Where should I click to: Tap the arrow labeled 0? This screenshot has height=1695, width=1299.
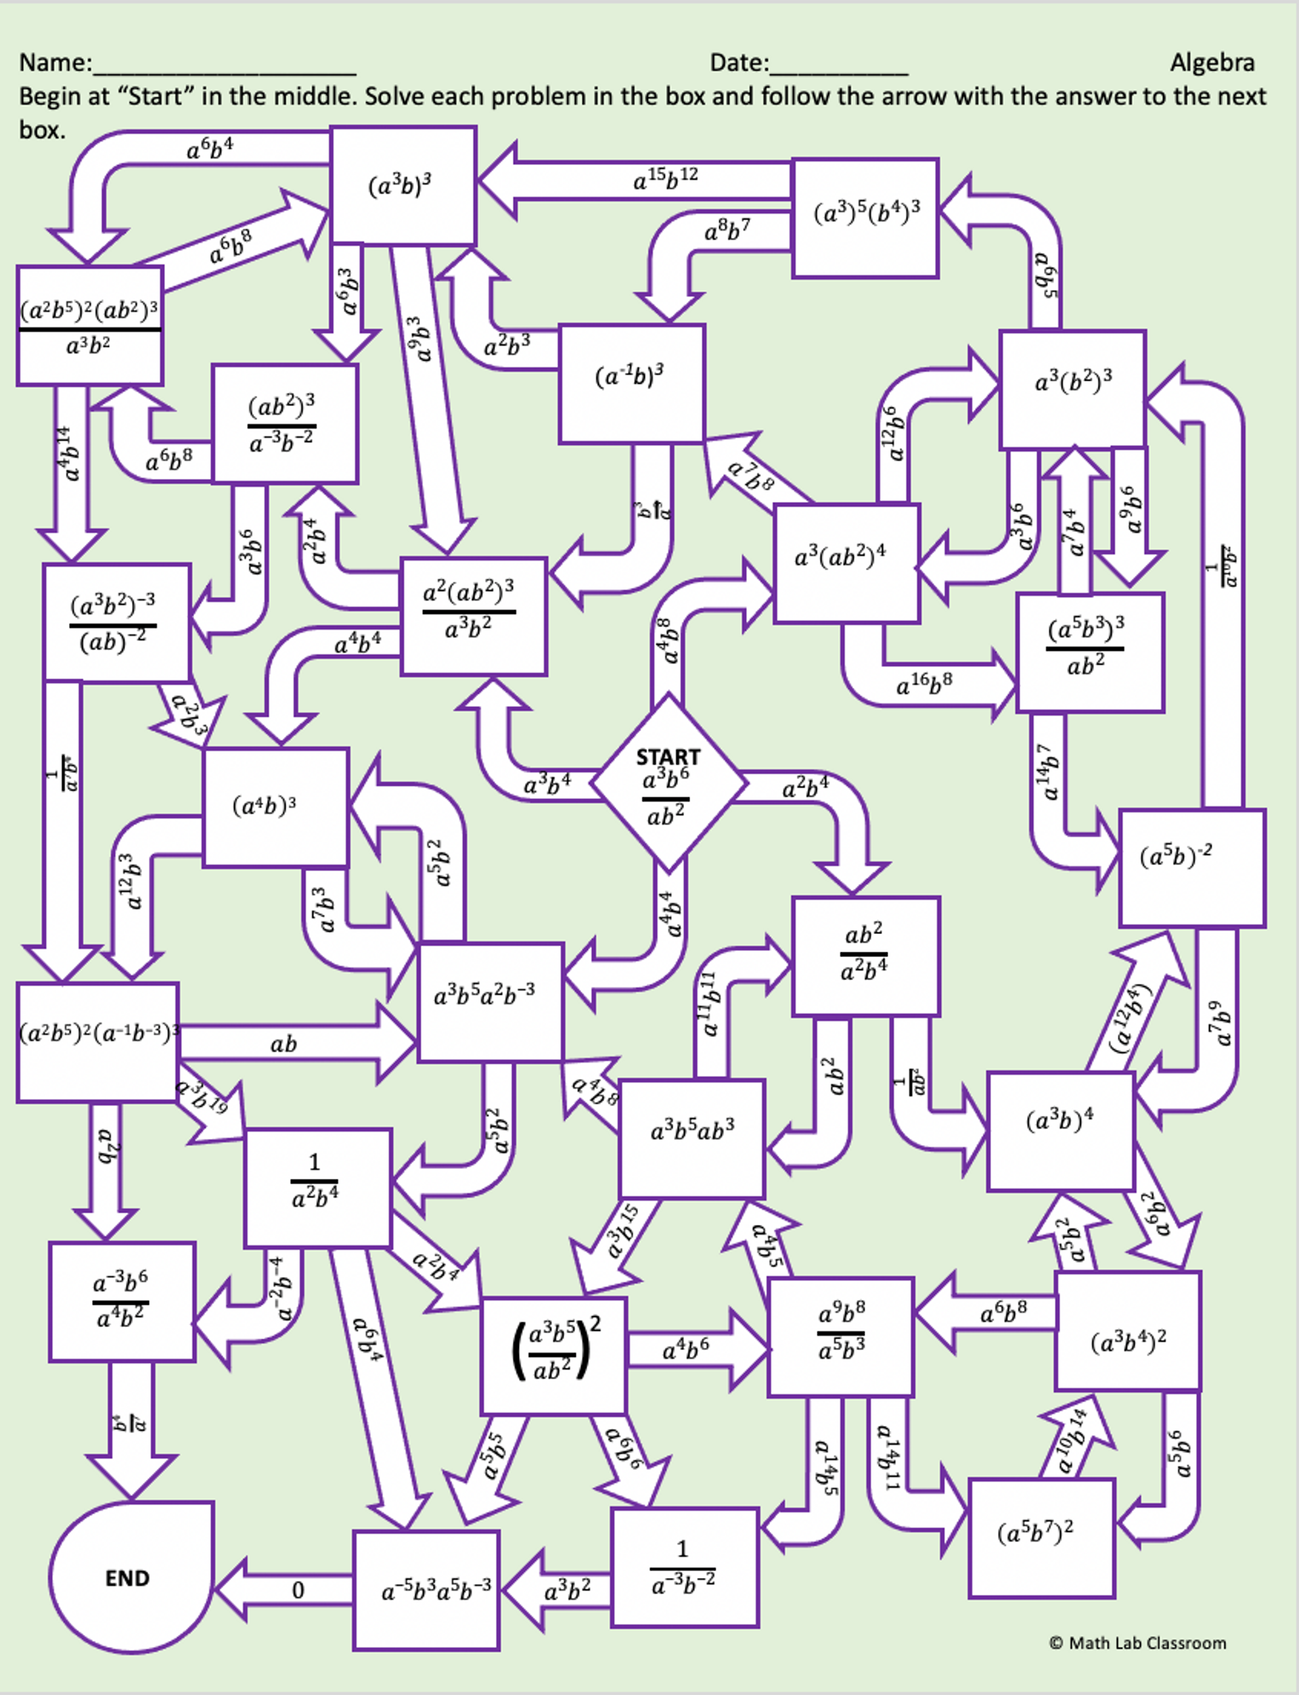click(x=298, y=1590)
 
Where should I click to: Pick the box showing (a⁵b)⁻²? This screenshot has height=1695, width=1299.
click(x=1191, y=867)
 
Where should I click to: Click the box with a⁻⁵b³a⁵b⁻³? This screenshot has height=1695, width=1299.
click(x=426, y=1590)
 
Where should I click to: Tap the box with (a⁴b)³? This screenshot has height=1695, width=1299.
click(x=275, y=806)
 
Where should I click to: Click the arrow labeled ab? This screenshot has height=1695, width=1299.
click(x=283, y=1044)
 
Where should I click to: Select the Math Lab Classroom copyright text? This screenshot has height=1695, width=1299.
click(x=1137, y=1642)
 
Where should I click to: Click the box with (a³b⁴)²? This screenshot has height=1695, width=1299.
click(x=1127, y=1342)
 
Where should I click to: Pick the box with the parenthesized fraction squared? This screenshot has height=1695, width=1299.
click(x=553, y=1355)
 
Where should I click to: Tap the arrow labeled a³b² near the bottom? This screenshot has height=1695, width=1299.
click(x=567, y=1590)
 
